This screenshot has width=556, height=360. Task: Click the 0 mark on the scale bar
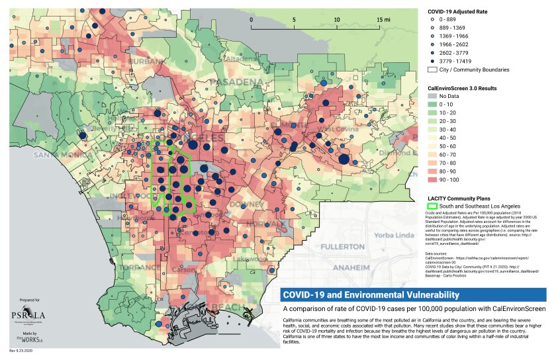[x=252, y=20]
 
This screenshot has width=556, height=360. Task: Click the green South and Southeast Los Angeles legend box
[x=434, y=206]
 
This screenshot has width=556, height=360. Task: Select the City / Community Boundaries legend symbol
[x=434, y=69]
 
